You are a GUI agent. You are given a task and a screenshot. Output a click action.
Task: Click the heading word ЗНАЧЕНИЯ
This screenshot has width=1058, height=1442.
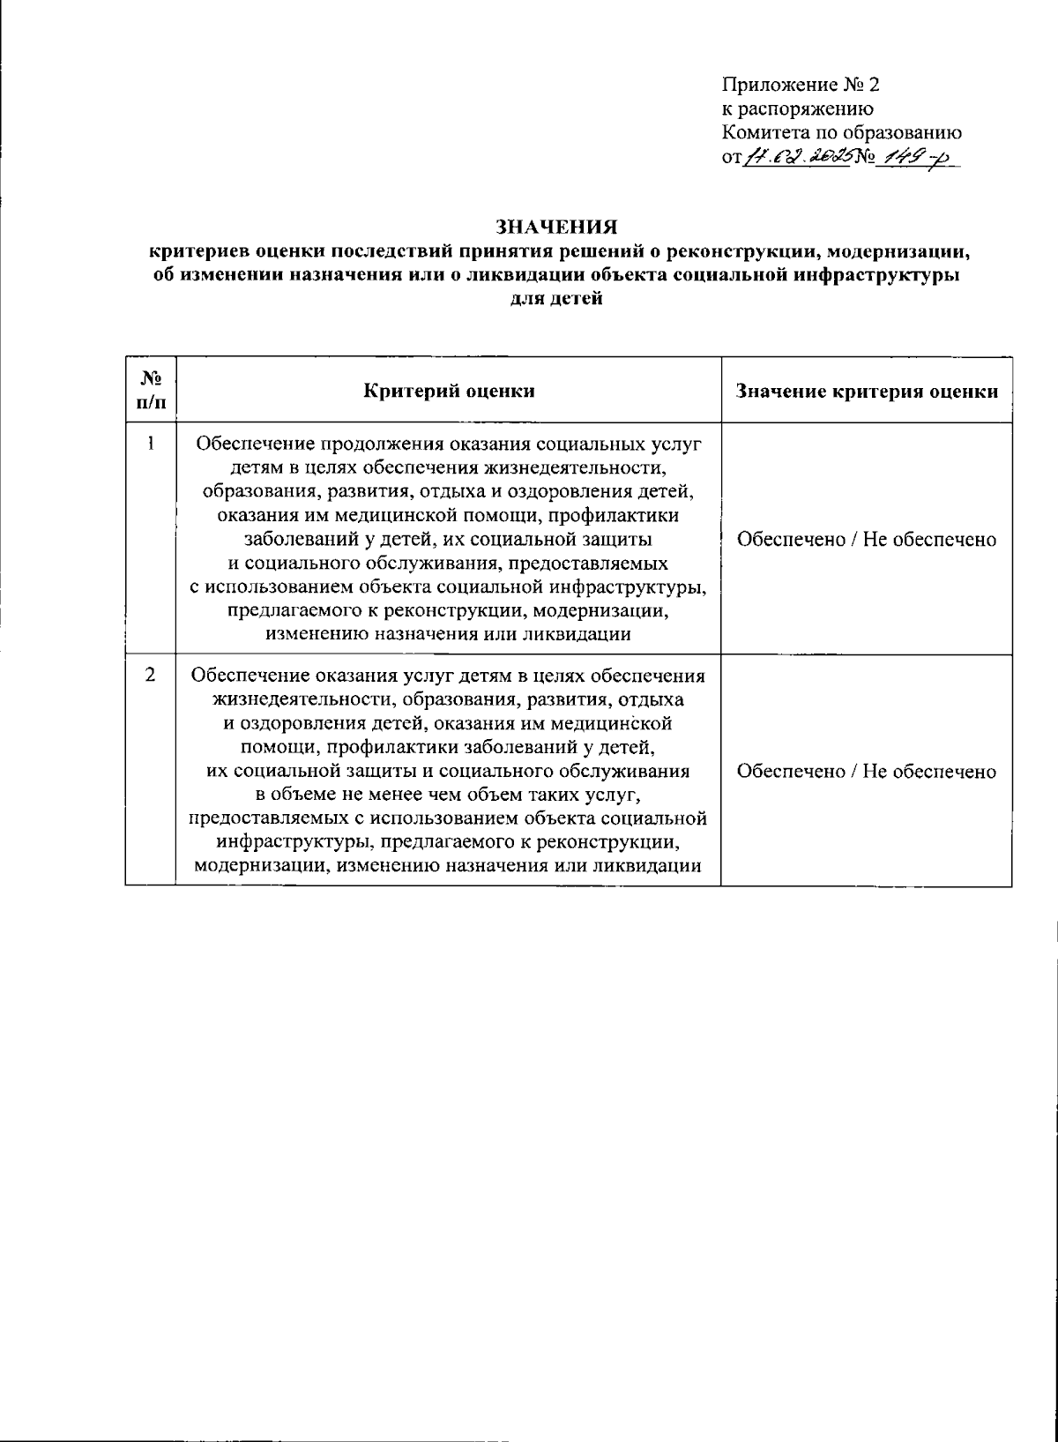(555, 228)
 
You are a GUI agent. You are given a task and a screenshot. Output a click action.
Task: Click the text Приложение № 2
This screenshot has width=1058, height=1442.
(801, 86)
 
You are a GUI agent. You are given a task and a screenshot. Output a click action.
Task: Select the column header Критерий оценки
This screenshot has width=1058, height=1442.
(449, 391)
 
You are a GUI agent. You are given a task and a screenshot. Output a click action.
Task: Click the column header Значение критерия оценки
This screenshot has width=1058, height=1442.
(867, 391)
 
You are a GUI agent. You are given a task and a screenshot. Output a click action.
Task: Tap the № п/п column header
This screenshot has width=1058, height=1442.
(151, 390)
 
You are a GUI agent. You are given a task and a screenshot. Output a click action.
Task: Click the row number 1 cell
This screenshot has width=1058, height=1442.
(151, 445)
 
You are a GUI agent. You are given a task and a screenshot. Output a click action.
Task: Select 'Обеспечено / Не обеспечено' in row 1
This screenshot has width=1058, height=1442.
(867, 540)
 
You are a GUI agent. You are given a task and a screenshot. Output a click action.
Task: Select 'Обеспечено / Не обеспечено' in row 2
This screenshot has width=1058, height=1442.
(867, 772)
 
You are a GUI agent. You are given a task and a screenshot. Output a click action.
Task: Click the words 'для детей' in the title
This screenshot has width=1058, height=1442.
(555, 298)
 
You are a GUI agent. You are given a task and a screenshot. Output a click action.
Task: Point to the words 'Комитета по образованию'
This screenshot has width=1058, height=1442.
(841, 133)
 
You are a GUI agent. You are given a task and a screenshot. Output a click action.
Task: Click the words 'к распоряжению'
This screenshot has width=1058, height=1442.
(797, 109)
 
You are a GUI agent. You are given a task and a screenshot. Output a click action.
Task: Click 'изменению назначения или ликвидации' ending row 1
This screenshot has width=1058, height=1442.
(449, 634)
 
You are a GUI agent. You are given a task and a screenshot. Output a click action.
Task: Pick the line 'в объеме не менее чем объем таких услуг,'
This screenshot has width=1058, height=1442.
(449, 795)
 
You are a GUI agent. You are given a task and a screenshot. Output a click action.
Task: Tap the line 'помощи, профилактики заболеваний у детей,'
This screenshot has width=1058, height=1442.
(449, 748)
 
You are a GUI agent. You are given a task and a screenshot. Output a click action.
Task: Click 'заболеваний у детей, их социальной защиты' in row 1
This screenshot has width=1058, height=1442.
(449, 539)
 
